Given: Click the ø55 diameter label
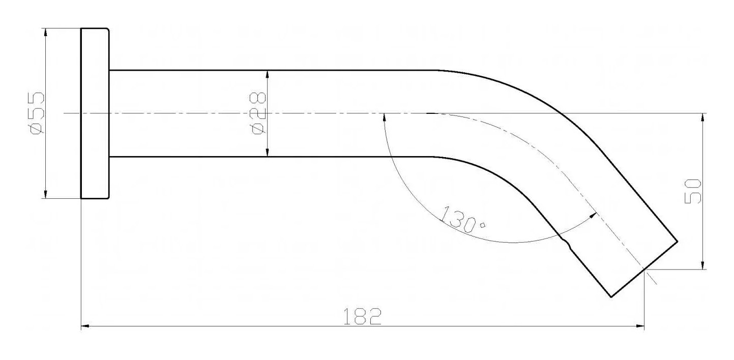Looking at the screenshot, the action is (x=37, y=113).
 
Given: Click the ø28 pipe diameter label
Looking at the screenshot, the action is (x=258, y=113).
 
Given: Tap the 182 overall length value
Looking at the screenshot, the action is (x=362, y=316).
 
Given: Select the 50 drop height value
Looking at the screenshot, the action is (x=693, y=191).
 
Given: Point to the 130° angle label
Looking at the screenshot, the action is (x=462, y=220).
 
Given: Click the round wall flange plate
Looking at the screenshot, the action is (x=95, y=113).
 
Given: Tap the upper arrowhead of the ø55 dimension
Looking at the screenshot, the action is (x=46, y=33).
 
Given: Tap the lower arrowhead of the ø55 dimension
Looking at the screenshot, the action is (x=46, y=194).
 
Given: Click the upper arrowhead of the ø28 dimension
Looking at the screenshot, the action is (x=268, y=75).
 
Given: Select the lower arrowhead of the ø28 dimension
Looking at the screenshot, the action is (x=268, y=153).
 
